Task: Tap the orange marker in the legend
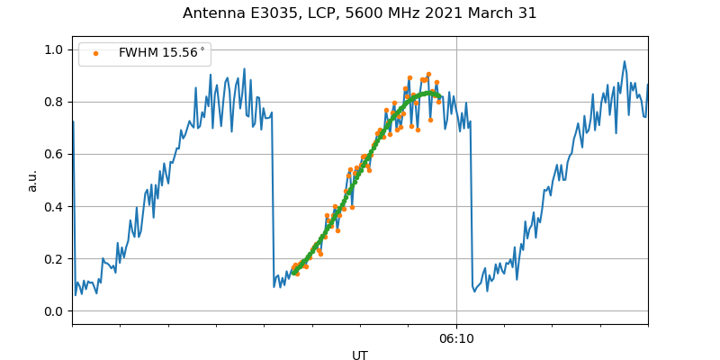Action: click(94, 54)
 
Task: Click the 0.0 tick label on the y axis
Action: click(55, 311)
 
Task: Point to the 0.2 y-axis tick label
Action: click(55, 259)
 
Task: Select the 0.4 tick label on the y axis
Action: click(55, 207)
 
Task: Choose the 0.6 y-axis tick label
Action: click(55, 155)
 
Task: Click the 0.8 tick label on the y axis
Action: click(55, 103)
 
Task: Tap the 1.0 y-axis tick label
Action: click(55, 50)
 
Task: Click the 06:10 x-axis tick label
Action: click(456, 338)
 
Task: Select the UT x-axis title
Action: click(360, 355)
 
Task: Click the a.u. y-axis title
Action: click(32, 180)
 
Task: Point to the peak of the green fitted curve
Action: click(427, 93)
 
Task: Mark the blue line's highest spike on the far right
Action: click(625, 62)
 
